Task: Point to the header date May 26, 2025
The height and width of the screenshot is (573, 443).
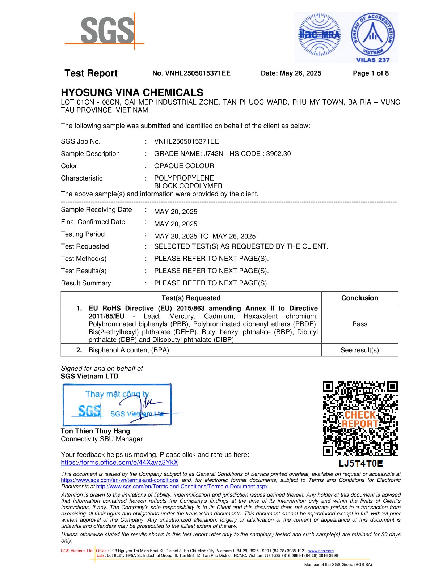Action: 300,73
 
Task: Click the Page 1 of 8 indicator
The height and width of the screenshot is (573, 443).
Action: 371,73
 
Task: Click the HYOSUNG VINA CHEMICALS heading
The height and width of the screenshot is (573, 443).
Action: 132,93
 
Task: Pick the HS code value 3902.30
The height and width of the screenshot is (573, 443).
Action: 278,154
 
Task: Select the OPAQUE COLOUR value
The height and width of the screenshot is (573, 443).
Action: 184,166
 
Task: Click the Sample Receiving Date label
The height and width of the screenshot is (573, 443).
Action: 96,210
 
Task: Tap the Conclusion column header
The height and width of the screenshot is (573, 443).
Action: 359,298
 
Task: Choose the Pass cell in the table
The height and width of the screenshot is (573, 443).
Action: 359,324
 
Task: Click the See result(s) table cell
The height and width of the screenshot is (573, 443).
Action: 359,350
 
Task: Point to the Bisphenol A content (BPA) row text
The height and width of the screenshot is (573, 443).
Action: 128,350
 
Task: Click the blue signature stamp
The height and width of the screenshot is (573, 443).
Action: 117,405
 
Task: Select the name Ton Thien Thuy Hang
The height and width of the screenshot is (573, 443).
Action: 95,431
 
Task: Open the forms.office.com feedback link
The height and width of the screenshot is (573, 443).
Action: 119,463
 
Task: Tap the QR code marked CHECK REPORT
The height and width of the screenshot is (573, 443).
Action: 360,419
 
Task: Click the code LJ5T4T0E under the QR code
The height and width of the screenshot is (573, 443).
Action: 360,463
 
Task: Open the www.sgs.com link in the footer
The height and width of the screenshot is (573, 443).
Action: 321,551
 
